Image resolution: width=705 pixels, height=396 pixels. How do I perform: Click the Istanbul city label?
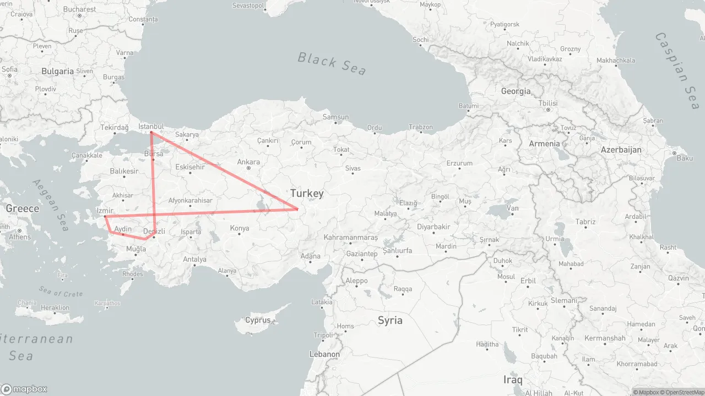151,126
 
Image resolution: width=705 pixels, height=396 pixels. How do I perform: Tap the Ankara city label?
248,162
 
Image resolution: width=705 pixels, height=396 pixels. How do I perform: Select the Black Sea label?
332,63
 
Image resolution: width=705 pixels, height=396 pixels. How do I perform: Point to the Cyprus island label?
258,320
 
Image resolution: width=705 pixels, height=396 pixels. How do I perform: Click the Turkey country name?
307,194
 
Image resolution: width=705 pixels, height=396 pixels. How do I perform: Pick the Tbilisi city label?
548,103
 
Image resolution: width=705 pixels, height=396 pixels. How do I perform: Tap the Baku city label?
685,158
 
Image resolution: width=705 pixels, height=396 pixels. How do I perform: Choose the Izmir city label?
105,211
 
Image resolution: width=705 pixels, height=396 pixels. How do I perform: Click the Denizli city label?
154,232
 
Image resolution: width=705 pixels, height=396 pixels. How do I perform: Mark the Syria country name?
390,320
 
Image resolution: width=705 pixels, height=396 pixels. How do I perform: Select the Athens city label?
20,237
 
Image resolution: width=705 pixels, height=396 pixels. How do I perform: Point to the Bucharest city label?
79,9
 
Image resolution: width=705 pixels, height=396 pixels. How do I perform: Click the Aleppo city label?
356,280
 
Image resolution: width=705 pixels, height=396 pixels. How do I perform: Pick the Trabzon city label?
421,128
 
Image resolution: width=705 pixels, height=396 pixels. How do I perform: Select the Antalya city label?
194,260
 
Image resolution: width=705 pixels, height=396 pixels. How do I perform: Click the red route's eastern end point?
297,209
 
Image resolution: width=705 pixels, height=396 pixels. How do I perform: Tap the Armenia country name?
544,144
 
